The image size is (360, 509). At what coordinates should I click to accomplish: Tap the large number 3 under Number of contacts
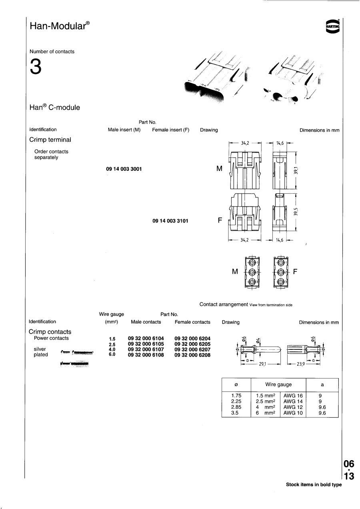tap(35, 68)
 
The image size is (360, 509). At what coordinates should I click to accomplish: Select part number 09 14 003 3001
tap(124, 169)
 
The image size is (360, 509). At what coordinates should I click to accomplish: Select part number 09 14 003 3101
tap(170, 220)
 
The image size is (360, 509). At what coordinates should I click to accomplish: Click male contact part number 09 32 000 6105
tap(146, 344)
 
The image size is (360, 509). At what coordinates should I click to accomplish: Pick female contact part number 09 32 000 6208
tap(192, 355)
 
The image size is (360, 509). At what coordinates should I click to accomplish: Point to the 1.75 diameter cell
tap(236, 396)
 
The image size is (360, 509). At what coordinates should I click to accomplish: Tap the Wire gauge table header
tap(278, 385)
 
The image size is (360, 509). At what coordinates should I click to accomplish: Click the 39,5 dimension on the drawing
tap(296, 211)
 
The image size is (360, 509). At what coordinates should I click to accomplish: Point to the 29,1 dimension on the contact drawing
tap(263, 365)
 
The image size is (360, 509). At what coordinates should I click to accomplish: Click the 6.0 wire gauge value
tap(112, 355)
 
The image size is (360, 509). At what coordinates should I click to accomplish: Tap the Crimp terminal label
tap(50, 140)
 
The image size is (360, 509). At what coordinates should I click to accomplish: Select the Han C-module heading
tap(54, 108)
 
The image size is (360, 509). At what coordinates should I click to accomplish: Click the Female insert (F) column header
tap(170, 130)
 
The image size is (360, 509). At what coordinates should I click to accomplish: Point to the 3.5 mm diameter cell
tap(235, 413)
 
